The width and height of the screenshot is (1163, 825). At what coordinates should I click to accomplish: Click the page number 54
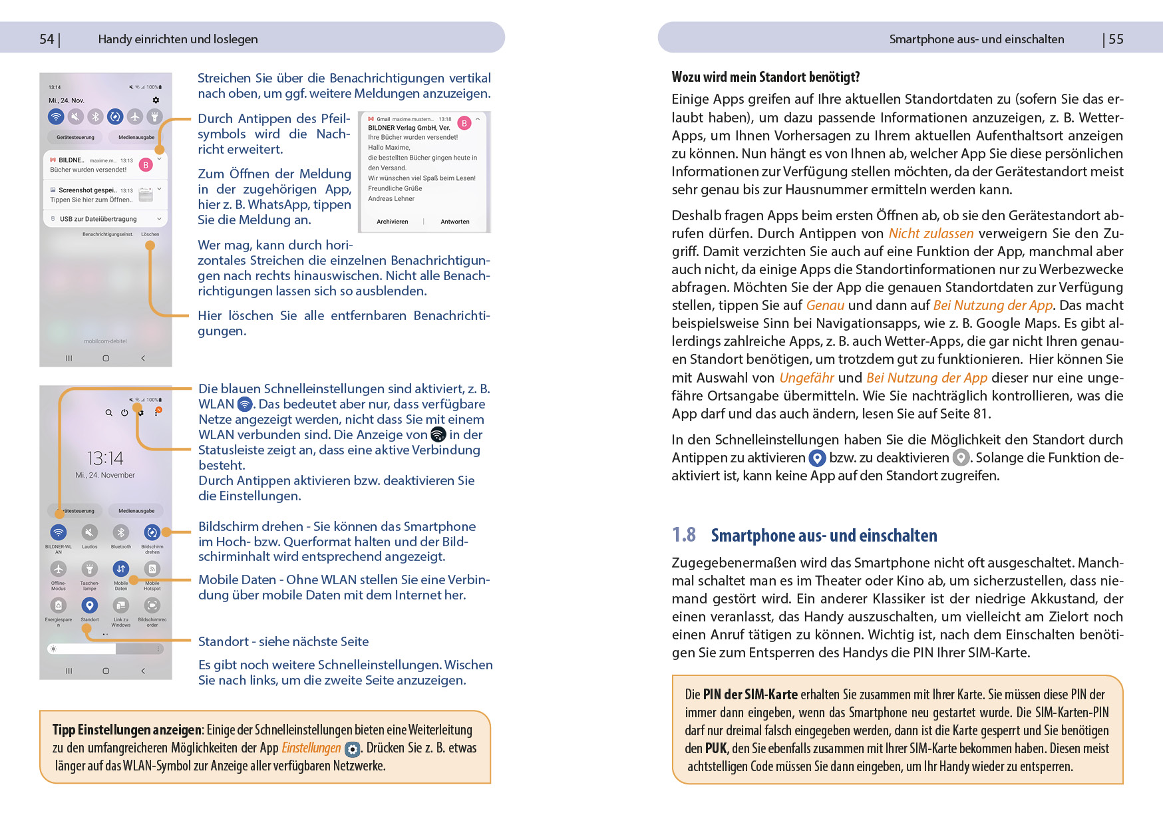47,39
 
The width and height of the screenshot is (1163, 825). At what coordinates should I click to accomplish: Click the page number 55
1116,39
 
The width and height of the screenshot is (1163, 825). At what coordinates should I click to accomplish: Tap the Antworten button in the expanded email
455,222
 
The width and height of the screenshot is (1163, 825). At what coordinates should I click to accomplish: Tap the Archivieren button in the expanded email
393,222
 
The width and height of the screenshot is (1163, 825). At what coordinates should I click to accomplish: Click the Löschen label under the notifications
150,234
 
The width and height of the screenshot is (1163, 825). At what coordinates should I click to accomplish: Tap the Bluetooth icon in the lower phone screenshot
120,533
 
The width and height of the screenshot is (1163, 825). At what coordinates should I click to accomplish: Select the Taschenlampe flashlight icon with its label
90,574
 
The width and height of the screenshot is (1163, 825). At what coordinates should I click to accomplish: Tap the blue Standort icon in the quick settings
90,605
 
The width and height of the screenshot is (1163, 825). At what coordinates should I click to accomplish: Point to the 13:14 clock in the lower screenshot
105,458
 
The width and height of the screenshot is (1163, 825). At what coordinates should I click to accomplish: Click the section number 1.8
683,535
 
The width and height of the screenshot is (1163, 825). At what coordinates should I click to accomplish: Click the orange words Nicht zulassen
931,234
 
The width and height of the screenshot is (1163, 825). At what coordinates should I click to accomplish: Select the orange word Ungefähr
806,378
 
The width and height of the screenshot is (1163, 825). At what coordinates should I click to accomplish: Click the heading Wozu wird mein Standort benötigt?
766,77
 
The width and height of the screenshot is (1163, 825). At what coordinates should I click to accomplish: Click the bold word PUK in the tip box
716,748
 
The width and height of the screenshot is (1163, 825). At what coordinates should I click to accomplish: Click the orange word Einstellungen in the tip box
311,748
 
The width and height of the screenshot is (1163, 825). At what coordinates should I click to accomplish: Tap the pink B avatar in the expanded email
464,123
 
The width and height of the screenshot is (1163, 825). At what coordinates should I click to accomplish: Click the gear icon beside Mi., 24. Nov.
156,100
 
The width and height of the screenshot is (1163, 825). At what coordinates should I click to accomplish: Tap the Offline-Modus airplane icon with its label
59,574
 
